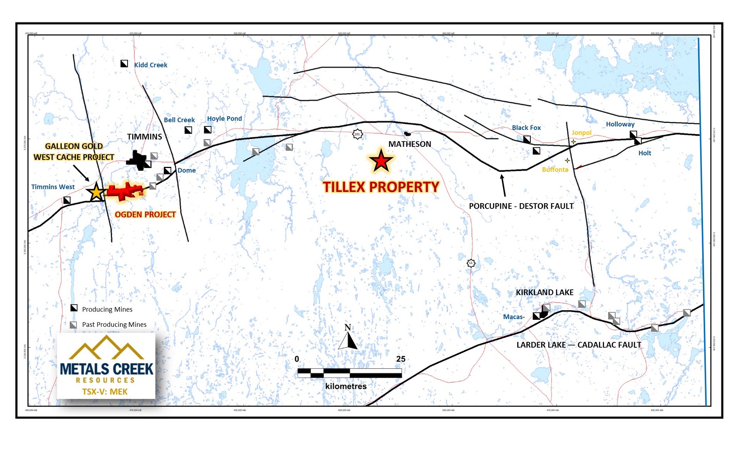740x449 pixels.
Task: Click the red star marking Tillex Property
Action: (x=381, y=161)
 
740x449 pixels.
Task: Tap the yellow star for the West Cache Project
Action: (x=96, y=192)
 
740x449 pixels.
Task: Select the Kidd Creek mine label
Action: (x=150, y=65)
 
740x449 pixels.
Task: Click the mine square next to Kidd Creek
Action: (x=124, y=64)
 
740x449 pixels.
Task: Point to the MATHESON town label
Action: (x=409, y=144)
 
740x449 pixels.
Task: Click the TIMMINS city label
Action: (x=145, y=137)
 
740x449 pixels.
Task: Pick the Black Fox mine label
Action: (x=526, y=128)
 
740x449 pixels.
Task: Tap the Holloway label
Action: (x=620, y=124)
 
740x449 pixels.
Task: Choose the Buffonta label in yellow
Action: (x=555, y=170)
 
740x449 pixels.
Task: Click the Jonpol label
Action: (x=581, y=133)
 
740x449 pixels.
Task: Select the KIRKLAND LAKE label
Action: (x=545, y=293)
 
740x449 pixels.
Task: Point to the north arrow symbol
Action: (x=348, y=338)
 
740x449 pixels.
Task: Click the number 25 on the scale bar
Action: (x=400, y=359)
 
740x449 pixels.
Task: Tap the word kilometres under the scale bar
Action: (x=346, y=386)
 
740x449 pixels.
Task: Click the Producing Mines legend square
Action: (x=74, y=308)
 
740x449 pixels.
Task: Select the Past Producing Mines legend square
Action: (x=73, y=325)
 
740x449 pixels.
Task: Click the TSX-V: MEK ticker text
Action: (x=105, y=392)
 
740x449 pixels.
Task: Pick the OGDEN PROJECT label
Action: (x=145, y=215)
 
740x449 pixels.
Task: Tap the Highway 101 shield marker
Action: (x=357, y=134)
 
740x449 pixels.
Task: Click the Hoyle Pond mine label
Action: (x=224, y=119)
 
